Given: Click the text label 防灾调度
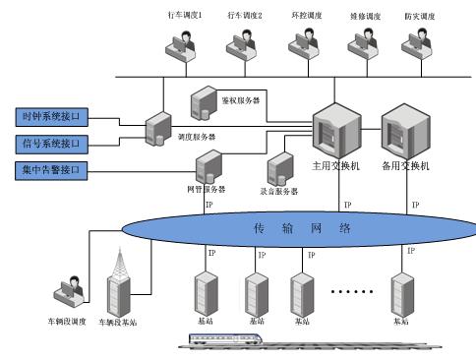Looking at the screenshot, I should point(419,17).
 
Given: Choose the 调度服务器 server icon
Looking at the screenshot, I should point(157,129).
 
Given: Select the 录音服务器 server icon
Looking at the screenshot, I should point(281,168).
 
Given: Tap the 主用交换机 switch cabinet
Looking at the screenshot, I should point(334,132).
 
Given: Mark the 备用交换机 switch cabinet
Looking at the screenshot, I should point(404,132).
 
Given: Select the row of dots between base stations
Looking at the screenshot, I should point(350,292).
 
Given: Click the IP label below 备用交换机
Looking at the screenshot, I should point(415,206).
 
